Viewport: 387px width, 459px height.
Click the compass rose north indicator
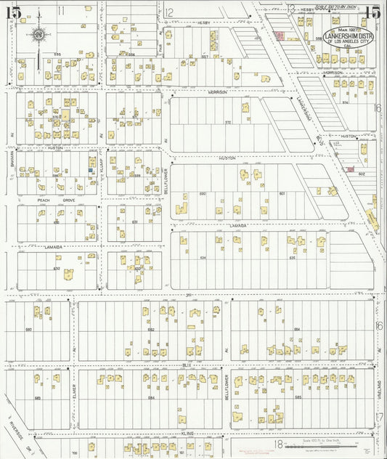(x=38, y=33)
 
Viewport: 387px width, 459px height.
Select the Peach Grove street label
(x=57, y=199)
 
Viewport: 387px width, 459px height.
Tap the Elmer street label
(x=74, y=399)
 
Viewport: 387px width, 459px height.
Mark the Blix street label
(x=187, y=365)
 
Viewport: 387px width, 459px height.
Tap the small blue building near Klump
(x=91, y=171)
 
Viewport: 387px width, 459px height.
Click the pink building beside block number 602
(x=350, y=170)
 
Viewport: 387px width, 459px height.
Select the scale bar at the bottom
(x=319, y=444)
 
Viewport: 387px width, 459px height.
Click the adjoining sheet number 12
(x=168, y=12)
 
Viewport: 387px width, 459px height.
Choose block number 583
(x=38, y=397)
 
